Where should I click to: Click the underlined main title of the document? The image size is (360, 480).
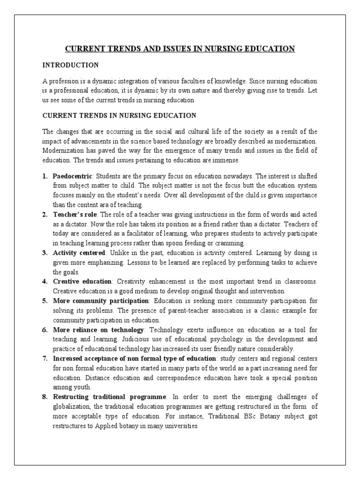coord(180,48)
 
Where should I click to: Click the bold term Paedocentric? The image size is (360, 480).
coord(72,175)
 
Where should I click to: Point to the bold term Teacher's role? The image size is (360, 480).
coord(75,214)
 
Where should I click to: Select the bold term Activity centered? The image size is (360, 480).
coord(78,253)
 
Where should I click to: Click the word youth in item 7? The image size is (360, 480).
coord(82,387)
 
